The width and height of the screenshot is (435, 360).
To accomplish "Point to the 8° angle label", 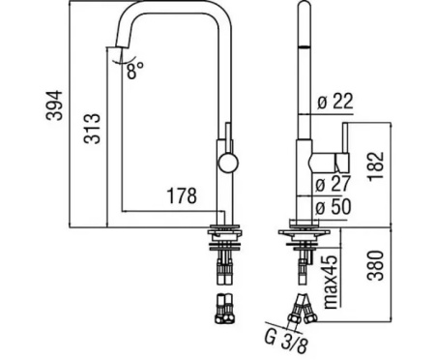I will (134, 70).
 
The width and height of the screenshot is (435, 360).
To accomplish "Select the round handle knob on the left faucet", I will (225, 161).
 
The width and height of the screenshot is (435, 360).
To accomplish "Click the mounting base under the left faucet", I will (225, 232).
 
